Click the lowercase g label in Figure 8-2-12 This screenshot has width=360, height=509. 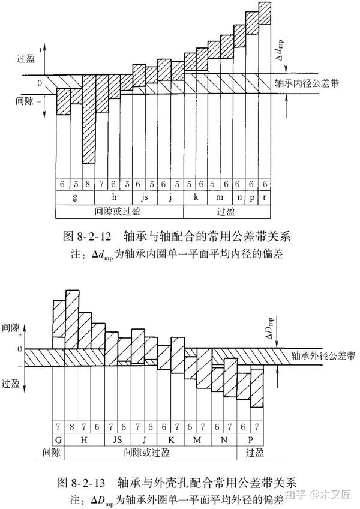coord(75,197)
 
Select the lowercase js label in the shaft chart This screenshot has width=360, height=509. coord(143,197)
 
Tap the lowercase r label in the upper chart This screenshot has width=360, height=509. coord(265,197)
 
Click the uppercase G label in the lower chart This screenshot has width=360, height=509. coord(59,439)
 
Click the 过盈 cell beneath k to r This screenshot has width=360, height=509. coord(226,212)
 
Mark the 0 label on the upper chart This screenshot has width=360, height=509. coord(40,83)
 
